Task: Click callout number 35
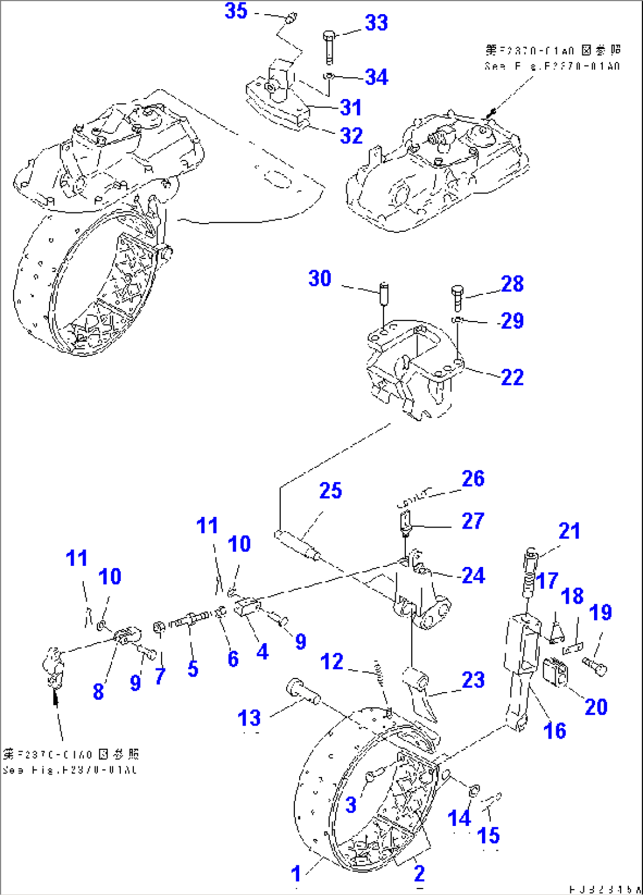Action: (236, 11)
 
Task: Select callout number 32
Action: (352, 136)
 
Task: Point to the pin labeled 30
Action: (384, 293)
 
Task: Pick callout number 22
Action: (512, 377)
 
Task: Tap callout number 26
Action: (473, 478)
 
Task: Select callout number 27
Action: (473, 521)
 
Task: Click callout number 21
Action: (569, 531)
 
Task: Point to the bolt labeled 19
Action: (595, 665)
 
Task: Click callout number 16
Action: (555, 730)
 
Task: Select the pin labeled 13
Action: (302, 691)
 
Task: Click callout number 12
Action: (332, 661)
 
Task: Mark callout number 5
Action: (193, 668)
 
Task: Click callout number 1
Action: (296, 873)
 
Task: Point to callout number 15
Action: (488, 835)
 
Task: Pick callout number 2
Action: (419, 873)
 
